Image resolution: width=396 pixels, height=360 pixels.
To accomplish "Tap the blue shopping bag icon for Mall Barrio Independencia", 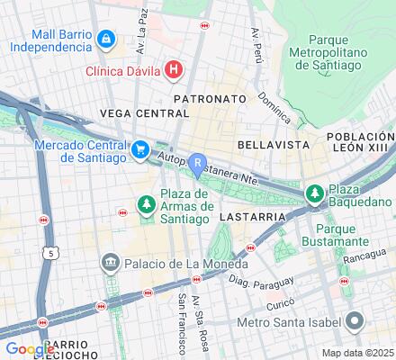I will [x=106, y=39].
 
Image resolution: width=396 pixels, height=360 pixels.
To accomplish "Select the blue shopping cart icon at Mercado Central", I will [x=140, y=150].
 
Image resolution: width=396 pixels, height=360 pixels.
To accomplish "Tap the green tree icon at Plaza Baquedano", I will [x=314, y=193].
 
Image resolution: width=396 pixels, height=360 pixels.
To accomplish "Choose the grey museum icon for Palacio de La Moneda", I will [x=111, y=262].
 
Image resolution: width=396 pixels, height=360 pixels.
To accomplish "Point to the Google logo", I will [x=30, y=349].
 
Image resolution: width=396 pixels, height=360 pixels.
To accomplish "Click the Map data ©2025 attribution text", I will [x=357, y=353].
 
